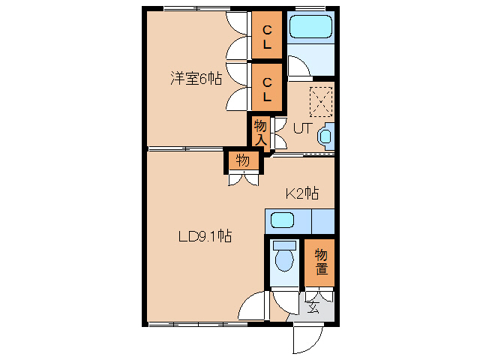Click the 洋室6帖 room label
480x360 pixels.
coord(196,79)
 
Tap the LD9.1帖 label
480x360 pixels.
coord(205,236)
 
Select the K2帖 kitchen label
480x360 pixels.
coord(302,193)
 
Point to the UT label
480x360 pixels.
coord(303,128)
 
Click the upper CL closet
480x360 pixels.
coord(267,35)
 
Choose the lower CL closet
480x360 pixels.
coord(267,87)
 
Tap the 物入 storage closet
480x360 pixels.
coord(261,133)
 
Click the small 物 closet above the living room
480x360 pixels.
coord(243,160)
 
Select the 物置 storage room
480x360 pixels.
coord(319,262)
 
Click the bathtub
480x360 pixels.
coord(310,25)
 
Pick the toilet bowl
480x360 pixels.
coord(285,260)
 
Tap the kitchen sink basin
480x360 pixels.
coord(282,220)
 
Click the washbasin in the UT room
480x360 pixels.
coord(325,136)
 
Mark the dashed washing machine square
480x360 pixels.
coord(321,102)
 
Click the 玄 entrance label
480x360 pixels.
coord(313,307)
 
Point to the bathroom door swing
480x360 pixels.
coord(299,65)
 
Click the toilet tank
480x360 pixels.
coord(285,245)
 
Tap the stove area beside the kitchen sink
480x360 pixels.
coord(323,222)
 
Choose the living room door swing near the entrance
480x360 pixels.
coord(252,305)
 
